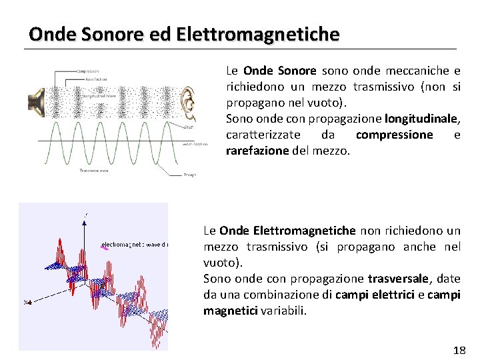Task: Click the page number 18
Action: [459, 350]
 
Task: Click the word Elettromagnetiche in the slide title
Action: [258, 33]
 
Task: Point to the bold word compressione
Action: [394, 135]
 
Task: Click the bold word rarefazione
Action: [257, 151]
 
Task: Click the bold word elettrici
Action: [403, 295]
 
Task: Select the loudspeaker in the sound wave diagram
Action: [35, 101]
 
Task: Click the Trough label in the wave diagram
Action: [189, 175]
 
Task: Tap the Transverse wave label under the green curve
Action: [94, 171]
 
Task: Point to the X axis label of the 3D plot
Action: [27, 303]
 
